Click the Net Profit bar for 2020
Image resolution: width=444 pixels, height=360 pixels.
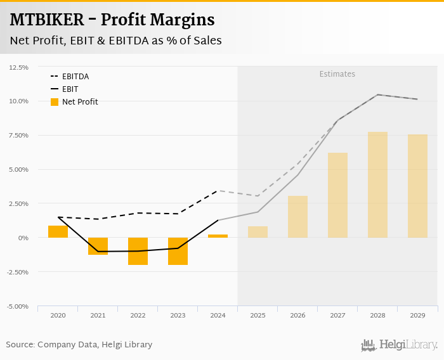tap(58, 231)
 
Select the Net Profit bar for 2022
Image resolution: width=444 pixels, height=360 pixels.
tap(138, 251)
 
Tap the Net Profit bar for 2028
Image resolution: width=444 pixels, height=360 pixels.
tap(377, 184)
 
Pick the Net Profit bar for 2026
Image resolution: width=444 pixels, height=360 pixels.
tap(297, 217)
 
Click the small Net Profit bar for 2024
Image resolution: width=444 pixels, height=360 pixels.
tap(218, 236)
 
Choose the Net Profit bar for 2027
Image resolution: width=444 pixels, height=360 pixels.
tap(337, 195)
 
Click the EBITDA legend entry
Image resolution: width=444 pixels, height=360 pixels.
tap(75, 77)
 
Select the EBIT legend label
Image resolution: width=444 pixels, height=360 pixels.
tap(70, 89)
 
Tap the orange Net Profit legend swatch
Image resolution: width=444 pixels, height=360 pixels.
tap(55, 101)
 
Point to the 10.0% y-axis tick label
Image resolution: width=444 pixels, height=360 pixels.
tap(18, 101)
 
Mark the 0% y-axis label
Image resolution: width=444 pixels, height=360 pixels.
tap(23, 238)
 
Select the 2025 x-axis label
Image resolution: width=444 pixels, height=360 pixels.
tap(258, 315)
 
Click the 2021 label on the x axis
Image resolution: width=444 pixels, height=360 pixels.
tap(98, 315)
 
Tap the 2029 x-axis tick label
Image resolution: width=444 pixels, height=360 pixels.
tap(417, 315)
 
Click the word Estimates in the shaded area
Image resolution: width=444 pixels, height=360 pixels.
tap(337, 74)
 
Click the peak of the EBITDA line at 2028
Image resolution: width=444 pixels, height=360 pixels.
tap(377, 94)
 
